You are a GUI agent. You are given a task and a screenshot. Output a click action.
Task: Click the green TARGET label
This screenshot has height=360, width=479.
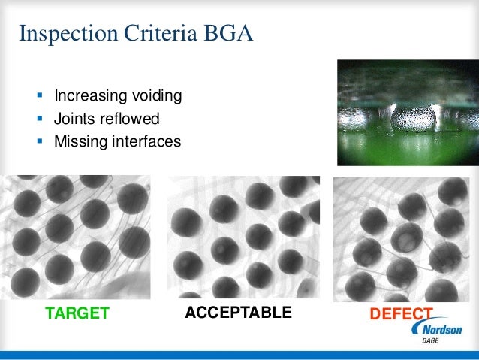[77, 313]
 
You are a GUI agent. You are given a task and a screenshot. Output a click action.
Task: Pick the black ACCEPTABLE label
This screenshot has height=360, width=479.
[238, 313]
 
